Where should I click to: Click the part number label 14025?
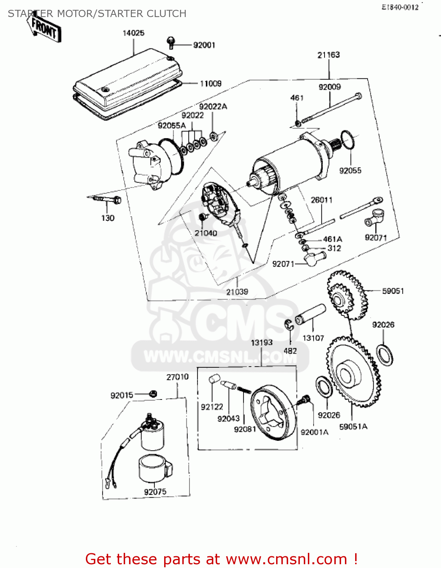(x=133, y=33)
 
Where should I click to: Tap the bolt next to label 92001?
(x=171, y=42)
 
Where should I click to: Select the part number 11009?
(x=211, y=83)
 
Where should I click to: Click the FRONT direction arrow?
(x=44, y=28)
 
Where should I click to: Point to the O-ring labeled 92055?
(x=348, y=140)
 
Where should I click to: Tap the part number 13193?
(x=262, y=343)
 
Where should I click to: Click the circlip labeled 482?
(x=289, y=325)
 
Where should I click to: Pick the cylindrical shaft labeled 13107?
(x=310, y=314)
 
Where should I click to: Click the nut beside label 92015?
(x=153, y=393)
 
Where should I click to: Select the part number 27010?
(x=177, y=377)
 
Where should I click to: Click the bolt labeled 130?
(x=108, y=199)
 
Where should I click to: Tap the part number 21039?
(x=237, y=292)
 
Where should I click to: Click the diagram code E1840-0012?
(x=400, y=7)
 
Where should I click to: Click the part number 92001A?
(x=314, y=432)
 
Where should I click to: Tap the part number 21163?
(x=328, y=55)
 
